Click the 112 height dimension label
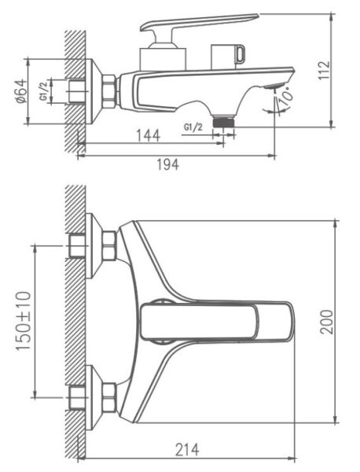click(324, 71)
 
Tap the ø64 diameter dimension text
click(21, 91)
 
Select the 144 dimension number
click(149, 136)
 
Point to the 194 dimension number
click(168, 164)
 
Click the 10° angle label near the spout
click(285, 97)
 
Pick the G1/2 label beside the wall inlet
click(43, 91)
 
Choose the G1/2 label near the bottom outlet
click(193, 127)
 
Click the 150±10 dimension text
click(24, 321)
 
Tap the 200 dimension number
click(327, 322)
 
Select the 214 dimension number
click(187, 450)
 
